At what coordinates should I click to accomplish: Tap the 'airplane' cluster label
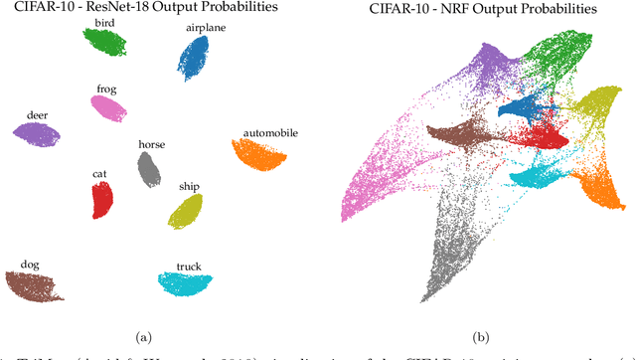[205, 28]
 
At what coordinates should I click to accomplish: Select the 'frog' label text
[107, 89]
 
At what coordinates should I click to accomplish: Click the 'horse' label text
[152, 144]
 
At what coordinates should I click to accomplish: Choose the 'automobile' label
[268, 131]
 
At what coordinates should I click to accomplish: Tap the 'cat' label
[99, 174]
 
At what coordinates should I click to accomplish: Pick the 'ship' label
[189, 186]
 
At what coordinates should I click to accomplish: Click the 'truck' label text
[189, 266]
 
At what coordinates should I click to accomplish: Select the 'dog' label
[31, 265]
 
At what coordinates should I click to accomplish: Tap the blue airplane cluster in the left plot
[193, 57]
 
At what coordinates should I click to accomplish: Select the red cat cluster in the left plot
[101, 199]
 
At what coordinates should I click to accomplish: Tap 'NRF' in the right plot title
[463, 8]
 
